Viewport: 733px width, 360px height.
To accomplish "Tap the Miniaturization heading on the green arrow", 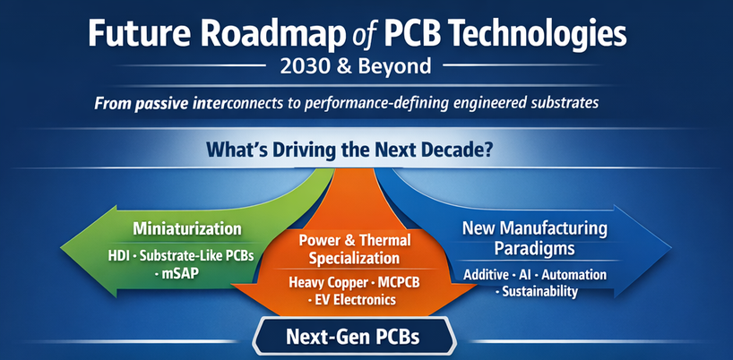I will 186,228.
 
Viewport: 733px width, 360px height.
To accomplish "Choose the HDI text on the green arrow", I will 120,255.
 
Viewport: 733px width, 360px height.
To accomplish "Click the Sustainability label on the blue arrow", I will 539,291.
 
